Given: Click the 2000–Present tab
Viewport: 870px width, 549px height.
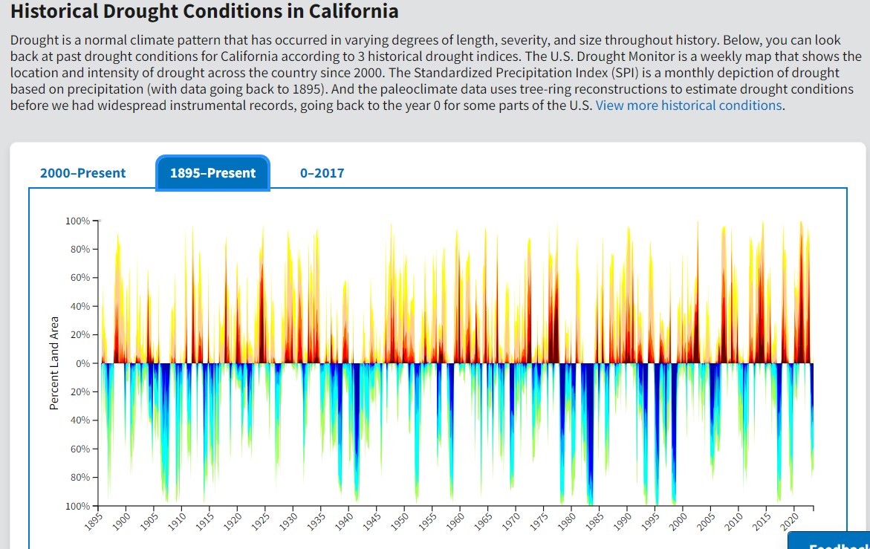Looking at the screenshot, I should pyautogui.click(x=82, y=173).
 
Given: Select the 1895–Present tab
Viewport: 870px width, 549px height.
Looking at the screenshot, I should pyautogui.click(x=212, y=173).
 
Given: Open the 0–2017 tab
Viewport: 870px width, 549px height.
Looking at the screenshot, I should pyautogui.click(x=322, y=173).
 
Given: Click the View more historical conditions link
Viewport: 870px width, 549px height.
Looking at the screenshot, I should pyautogui.click(x=688, y=105).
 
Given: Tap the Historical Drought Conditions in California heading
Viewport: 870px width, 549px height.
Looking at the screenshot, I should pyautogui.click(x=204, y=12).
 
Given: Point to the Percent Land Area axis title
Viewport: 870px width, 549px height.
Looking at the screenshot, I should pyautogui.click(x=54, y=362).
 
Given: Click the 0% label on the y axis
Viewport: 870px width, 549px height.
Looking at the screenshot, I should pyautogui.click(x=80, y=363).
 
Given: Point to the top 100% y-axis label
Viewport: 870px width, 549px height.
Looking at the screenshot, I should pyautogui.click(x=77, y=221).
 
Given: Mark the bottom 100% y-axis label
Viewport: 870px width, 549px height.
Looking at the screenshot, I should pyautogui.click(x=77, y=506).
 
